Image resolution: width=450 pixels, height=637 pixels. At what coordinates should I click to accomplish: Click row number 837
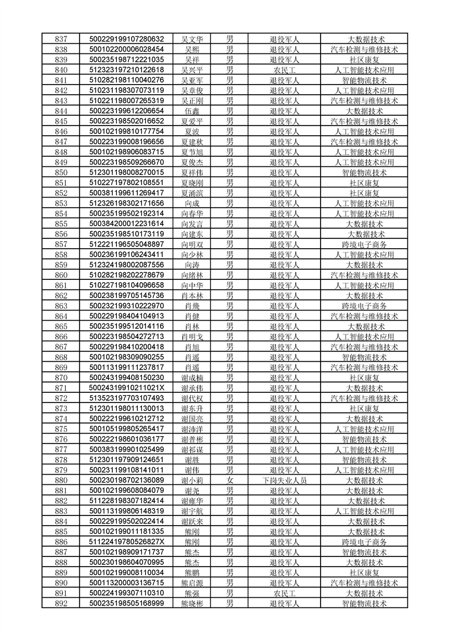61,39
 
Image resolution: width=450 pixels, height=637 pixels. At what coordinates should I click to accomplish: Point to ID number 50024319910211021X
127,388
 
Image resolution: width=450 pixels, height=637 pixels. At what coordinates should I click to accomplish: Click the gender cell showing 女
230,480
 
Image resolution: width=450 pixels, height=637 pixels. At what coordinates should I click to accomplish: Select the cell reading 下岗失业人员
285,480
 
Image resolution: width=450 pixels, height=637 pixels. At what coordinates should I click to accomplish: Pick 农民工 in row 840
285,70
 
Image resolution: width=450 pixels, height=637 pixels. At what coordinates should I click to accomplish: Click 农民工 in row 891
285,593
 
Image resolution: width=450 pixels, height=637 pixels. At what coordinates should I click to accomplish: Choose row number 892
61,604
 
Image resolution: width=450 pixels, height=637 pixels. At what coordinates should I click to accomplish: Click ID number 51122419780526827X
127,542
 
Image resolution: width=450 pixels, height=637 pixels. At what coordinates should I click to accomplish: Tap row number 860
61,275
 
